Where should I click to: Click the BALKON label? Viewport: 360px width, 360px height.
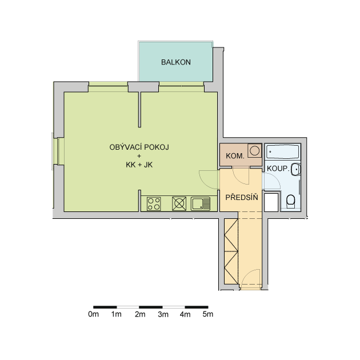tap(176, 62)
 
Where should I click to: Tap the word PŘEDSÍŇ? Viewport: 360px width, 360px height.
tap(242, 197)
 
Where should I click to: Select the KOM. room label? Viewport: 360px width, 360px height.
tap(235, 156)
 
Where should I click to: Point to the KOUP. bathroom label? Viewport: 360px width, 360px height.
tap(278, 169)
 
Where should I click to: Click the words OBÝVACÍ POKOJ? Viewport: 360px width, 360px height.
tap(139, 147)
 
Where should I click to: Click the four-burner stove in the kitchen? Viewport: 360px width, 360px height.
tap(154, 204)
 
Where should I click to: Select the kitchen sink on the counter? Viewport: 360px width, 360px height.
tap(201, 204)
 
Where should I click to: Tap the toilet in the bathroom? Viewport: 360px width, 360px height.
tap(291, 201)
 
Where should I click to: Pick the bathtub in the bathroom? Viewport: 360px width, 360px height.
tap(283, 151)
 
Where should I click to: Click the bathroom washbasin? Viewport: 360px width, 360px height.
tap(296, 170)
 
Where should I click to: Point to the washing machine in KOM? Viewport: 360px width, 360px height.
tap(254, 151)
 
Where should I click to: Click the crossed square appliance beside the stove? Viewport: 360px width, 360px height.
tap(179, 203)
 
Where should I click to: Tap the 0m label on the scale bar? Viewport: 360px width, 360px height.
tap(94, 314)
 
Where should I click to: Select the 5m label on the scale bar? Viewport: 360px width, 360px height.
tap(208, 314)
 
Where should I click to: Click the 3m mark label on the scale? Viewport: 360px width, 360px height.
tap(163, 314)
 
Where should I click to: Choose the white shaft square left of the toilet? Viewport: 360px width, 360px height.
tap(271, 202)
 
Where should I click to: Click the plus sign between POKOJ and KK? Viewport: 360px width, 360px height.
tap(139, 156)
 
